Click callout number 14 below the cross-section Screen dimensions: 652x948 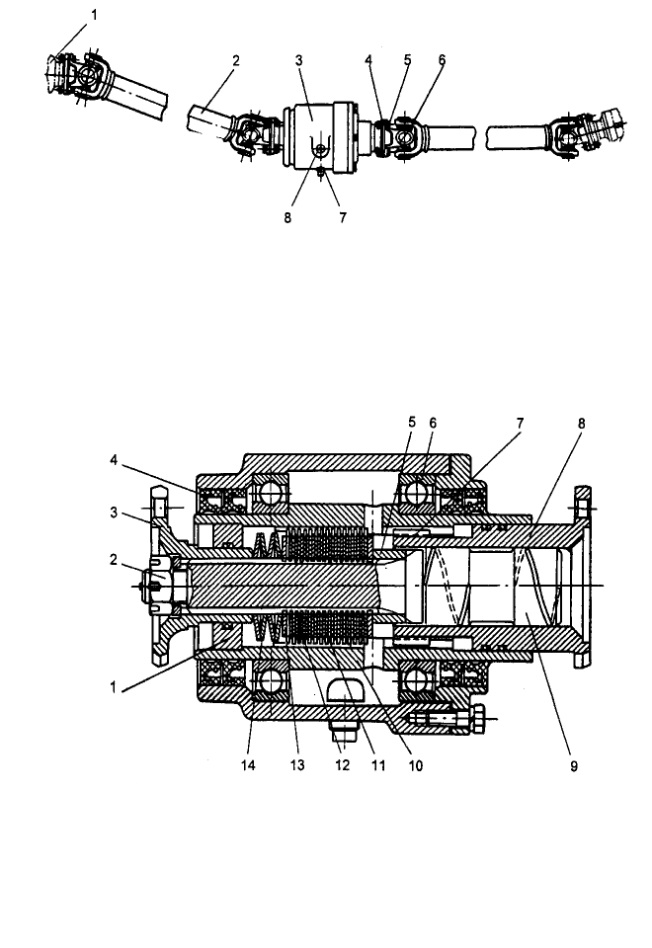click(248, 765)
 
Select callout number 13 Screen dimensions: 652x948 click(297, 765)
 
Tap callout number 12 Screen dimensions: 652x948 click(343, 765)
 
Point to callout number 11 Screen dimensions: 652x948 click(378, 765)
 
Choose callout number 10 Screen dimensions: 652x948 click(415, 765)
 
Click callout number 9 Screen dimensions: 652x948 click(573, 766)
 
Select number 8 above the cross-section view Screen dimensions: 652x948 click(581, 424)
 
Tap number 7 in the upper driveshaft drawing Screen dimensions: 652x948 click(343, 217)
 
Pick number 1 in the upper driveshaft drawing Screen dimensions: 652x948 click(94, 15)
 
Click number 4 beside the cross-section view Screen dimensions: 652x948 click(114, 461)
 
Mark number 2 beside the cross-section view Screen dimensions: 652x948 click(113, 561)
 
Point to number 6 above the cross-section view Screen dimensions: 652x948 click(433, 424)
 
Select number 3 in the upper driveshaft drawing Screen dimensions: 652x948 click(298, 60)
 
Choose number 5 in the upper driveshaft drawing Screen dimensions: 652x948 click(408, 60)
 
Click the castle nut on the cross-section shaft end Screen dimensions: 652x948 click(161, 587)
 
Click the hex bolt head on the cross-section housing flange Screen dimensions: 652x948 click(475, 720)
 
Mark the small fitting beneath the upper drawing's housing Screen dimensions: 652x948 click(321, 174)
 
